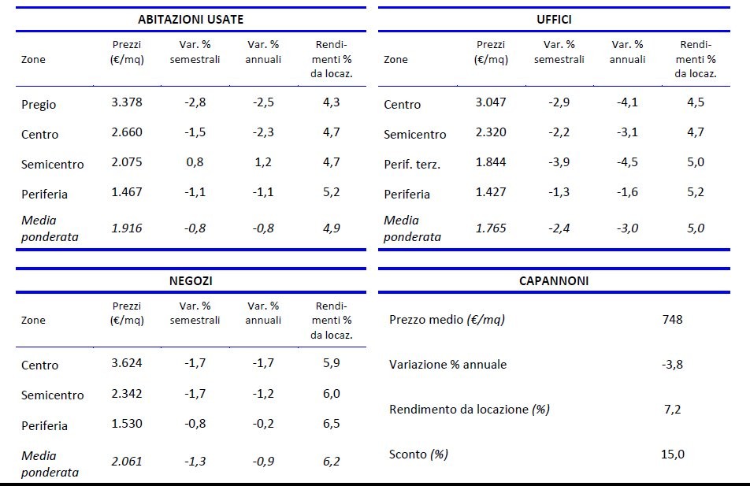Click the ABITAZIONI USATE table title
(x=191, y=20)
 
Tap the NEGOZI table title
(x=191, y=280)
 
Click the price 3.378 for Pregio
(x=127, y=103)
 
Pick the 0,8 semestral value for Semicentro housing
(x=195, y=163)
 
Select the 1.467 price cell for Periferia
(x=127, y=193)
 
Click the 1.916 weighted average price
(x=127, y=228)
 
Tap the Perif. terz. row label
(x=412, y=164)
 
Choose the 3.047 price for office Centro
(x=491, y=102)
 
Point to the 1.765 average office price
(x=491, y=228)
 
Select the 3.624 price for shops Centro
(x=127, y=364)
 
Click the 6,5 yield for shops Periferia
(x=332, y=424)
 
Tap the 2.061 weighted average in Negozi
(x=127, y=462)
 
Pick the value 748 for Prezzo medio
(x=673, y=320)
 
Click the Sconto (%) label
(x=418, y=454)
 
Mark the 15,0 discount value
(x=673, y=454)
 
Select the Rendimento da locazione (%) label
(x=470, y=410)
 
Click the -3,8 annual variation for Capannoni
(x=673, y=365)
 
